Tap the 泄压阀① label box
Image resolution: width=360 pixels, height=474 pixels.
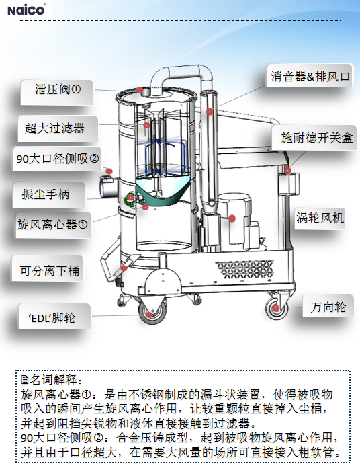pos(57,92)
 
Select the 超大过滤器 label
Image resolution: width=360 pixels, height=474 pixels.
pos(58,128)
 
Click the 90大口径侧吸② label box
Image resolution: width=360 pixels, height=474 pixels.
pos(57,159)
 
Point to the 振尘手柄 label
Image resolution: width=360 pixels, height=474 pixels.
pos(49,194)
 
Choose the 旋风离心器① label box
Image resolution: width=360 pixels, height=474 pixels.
pos(53,225)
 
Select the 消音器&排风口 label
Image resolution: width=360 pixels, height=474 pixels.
pos(310,75)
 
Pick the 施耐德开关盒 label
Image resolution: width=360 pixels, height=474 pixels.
pos(314,138)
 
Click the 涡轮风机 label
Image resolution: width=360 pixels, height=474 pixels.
pos(320,217)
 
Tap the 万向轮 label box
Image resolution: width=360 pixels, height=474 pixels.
pos(328,306)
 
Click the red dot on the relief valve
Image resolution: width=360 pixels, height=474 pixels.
pos(140,90)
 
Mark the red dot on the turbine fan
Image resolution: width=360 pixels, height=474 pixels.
pos(232,219)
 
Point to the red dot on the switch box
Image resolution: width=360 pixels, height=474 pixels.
pos(288,171)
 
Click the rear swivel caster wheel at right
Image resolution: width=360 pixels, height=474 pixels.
pos(275,309)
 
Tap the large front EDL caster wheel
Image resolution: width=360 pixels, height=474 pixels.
pos(152,312)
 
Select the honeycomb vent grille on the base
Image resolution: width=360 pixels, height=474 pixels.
pos(244,270)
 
